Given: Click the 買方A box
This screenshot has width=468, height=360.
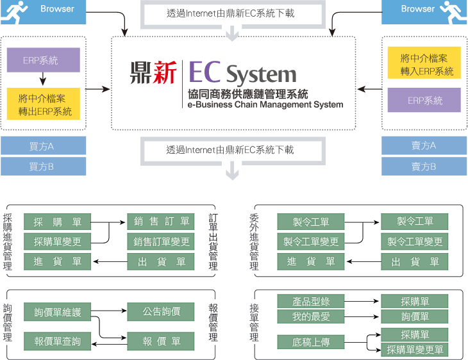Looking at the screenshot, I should pyautogui.click(x=43, y=146).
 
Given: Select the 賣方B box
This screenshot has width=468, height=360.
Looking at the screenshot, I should pyautogui.click(x=424, y=167).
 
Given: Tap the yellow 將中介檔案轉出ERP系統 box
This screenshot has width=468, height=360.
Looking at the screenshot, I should pyautogui.click(x=44, y=105).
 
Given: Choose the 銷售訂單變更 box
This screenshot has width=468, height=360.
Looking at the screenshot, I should pyautogui.click(x=162, y=241).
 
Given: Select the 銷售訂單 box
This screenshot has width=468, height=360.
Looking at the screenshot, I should pyautogui.click(x=162, y=222).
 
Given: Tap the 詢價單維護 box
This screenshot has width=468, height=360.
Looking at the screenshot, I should pyautogui.click(x=58, y=312).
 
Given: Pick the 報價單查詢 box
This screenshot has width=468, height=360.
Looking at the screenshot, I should pyautogui.click(x=58, y=341).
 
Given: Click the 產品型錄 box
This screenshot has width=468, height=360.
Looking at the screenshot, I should pyautogui.click(x=311, y=301).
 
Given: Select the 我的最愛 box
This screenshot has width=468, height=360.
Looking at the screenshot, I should pyautogui.click(x=311, y=316).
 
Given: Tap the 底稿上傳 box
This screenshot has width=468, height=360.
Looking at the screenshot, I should pyautogui.click(x=311, y=342).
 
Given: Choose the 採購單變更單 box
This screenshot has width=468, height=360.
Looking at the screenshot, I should pyautogui.click(x=415, y=350).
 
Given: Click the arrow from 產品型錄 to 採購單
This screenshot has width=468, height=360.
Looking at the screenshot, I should pyautogui.click(x=363, y=301).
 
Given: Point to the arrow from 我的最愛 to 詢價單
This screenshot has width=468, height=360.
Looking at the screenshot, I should pyautogui.click(x=363, y=316).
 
